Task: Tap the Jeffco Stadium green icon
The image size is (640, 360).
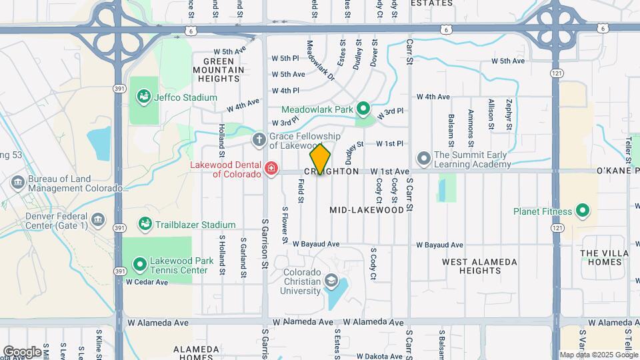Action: click(143, 97)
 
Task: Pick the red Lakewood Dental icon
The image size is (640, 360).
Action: click(271, 169)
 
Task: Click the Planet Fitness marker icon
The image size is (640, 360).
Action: click(583, 212)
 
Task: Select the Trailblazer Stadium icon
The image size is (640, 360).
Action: click(145, 225)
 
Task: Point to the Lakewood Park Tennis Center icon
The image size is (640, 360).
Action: click(140, 265)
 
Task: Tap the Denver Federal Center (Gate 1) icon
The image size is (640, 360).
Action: click(97, 219)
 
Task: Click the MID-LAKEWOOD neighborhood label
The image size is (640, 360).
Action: click(367, 210)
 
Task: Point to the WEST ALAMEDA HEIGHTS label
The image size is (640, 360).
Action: click(479, 266)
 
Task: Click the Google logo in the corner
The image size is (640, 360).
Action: click(22, 351)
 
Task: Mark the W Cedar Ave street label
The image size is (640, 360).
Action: click(148, 282)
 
